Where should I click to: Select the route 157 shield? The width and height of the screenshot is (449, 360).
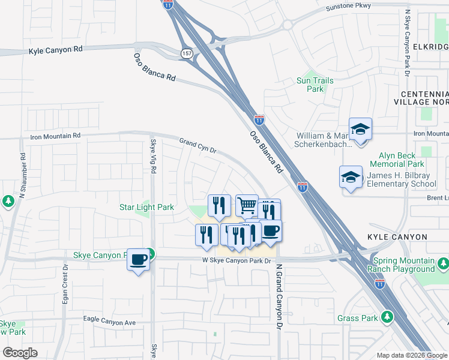pyautogui.click(x=186, y=53)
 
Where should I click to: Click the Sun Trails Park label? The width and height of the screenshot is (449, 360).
pyautogui.click(x=315, y=85)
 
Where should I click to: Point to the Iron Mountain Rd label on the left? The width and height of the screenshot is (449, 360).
pyautogui.click(x=55, y=137)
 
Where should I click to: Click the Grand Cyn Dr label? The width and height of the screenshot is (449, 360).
pyautogui.click(x=197, y=146)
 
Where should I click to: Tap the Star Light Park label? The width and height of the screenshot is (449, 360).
pyautogui.click(x=146, y=208)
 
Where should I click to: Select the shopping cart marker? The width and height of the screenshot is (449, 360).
pyautogui.click(x=247, y=205)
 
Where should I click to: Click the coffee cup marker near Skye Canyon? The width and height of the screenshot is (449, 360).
pyautogui.click(x=139, y=259)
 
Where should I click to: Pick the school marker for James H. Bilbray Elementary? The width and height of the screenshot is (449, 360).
pyautogui.click(x=351, y=176)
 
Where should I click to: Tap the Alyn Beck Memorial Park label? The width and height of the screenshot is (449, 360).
pyautogui.click(x=397, y=160)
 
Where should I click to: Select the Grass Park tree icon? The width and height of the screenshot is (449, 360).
pyautogui.click(x=388, y=316)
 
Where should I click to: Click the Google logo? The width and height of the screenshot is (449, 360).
pyautogui.click(x=20, y=353)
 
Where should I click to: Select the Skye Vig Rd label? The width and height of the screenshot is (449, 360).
pyautogui.click(x=153, y=156)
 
